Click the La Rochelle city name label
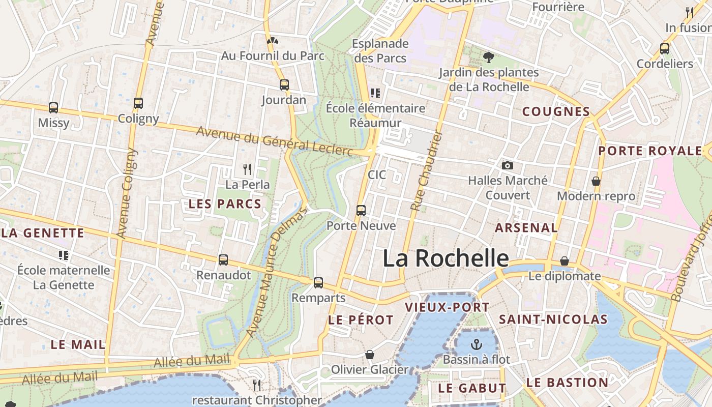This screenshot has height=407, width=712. pyautogui.click(x=445, y=258)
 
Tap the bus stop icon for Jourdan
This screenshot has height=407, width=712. pyautogui.click(x=284, y=85)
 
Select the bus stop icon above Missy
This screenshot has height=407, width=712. pyautogui.click(x=53, y=108)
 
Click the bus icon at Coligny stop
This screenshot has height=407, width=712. pyautogui.click(x=138, y=103)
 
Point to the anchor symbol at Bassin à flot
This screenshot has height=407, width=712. pyautogui.click(x=477, y=344)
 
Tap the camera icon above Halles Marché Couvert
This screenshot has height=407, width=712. pyautogui.click(x=507, y=165)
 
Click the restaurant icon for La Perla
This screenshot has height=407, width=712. pyautogui.click(x=247, y=169)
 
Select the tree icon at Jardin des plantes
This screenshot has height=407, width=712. pyautogui.click(x=489, y=57)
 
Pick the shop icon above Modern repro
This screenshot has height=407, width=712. pyautogui.click(x=596, y=181)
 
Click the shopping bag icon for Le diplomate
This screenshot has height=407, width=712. pyautogui.click(x=564, y=261)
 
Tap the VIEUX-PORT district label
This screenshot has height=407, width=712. pyautogui.click(x=447, y=307)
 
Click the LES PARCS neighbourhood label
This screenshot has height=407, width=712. pyautogui.click(x=225, y=204)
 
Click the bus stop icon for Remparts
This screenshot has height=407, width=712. pyautogui.click(x=318, y=282)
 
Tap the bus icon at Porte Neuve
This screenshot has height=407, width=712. pyautogui.click(x=361, y=210)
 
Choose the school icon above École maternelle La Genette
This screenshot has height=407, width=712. pyautogui.click(x=64, y=255)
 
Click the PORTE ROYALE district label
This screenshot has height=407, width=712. pyautogui.click(x=650, y=151)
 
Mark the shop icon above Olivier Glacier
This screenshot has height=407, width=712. pyautogui.click(x=370, y=355)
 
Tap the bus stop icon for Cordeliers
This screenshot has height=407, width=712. pyautogui.click(x=664, y=49)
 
